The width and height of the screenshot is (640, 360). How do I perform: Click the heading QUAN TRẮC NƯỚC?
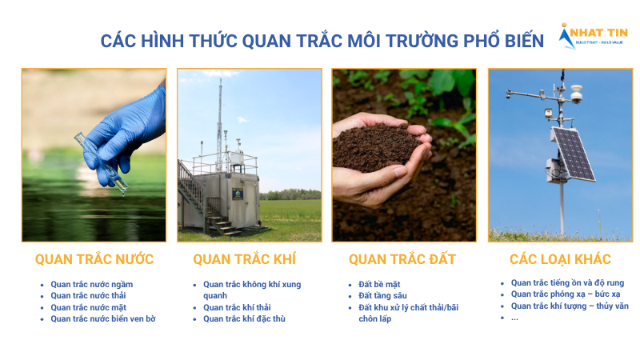point(94,259)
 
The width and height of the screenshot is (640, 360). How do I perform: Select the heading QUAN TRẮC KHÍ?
point(244,259)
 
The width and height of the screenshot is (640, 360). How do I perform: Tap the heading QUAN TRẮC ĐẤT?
point(402,259)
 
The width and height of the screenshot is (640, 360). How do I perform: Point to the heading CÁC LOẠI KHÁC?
point(560,259)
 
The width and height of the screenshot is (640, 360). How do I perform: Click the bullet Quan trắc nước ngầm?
point(91,284)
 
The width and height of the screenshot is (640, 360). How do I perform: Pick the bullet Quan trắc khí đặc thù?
point(244,318)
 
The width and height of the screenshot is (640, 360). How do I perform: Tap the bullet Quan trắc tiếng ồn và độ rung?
point(567,282)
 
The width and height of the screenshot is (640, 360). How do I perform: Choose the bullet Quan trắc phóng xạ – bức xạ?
point(565,294)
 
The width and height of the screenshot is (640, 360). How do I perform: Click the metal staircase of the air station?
point(194,196)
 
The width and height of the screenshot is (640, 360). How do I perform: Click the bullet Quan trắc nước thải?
point(89,296)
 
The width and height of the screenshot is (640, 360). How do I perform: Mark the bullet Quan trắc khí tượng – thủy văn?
point(569,306)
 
